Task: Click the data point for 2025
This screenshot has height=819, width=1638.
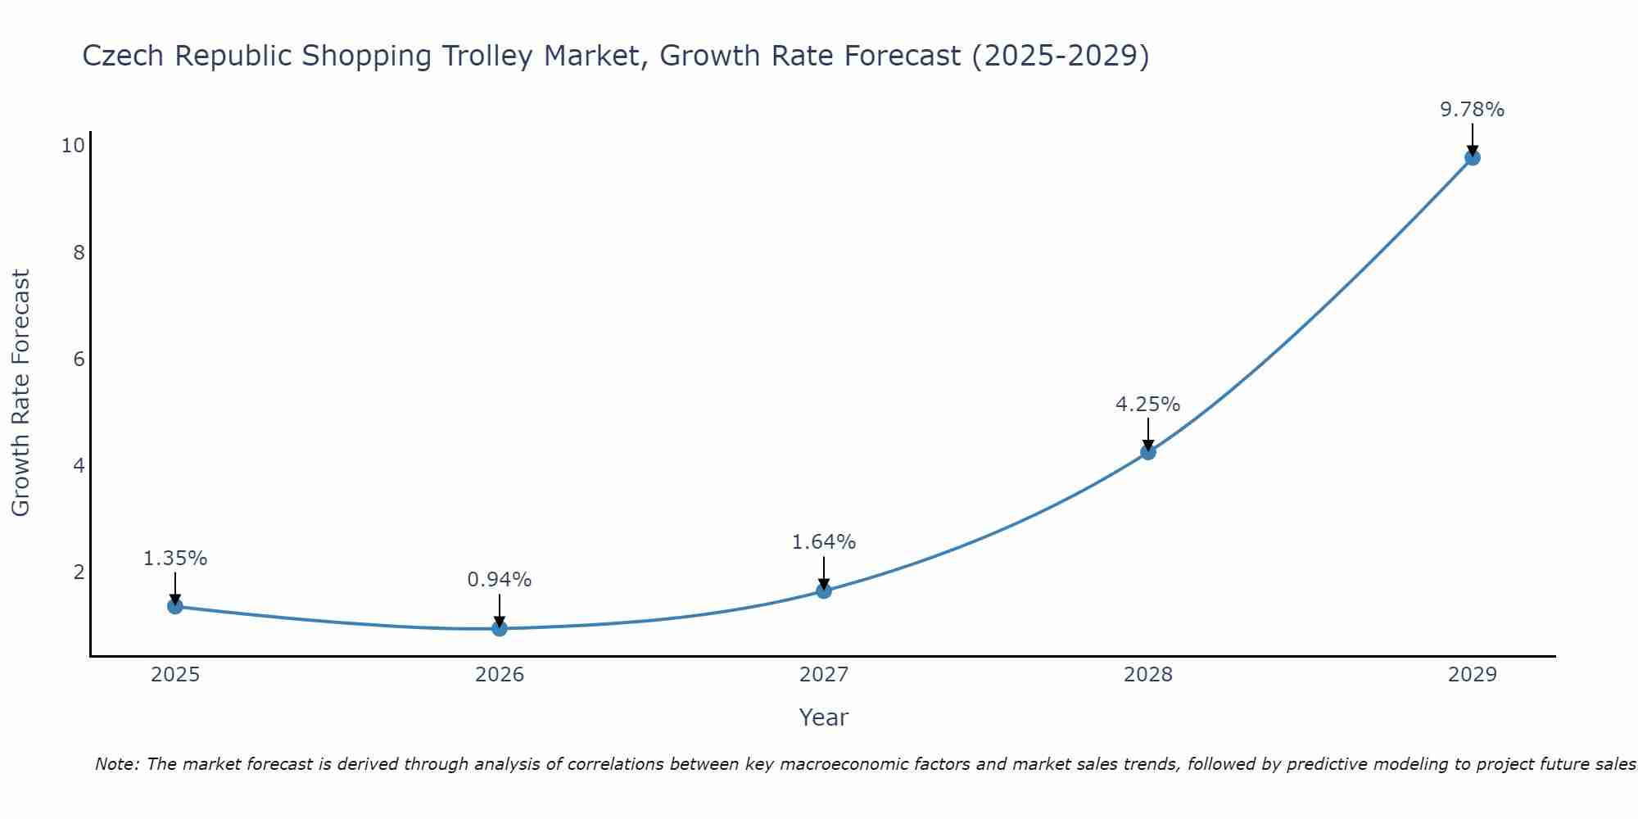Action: pyautogui.click(x=174, y=606)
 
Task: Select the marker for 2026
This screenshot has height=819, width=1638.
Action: pyautogui.click(x=500, y=628)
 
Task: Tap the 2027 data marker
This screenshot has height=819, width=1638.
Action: pyautogui.click(x=824, y=590)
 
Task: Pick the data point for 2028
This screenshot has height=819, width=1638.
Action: pyautogui.click(x=1148, y=451)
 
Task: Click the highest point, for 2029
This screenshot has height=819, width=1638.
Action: pyautogui.click(x=1473, y=157)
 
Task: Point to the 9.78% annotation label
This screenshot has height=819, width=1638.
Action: pyautogui.click(x=1473, y=110)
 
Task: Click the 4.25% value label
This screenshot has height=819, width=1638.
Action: pyautogui.click(x=1148, y=405)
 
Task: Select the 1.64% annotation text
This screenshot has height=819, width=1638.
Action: pyautogui.click(x=824, y=542)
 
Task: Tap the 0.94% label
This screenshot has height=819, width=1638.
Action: pyautogui.click(x=500, y=580)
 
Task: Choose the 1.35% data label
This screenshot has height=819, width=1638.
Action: pyautogui.click(x=175, y=559)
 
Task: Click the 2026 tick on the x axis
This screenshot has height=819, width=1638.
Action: pyautogui.click(x=500, y=675)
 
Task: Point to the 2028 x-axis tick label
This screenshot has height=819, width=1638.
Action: pyautogui.click(x=1148, y=675)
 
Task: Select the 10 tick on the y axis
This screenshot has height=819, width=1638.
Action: pyautogui.click(x=73, y=146)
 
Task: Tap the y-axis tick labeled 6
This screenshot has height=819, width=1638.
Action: pyautogui.click(x=79, y=359)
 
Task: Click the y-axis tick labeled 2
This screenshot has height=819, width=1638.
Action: pyautogui.click(x=79, y=572)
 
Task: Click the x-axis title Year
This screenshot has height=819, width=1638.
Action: pyautogui.click(x=824, y=717)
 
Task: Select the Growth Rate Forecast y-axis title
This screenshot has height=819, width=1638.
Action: pyautogui.click(x=21, y=393)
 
